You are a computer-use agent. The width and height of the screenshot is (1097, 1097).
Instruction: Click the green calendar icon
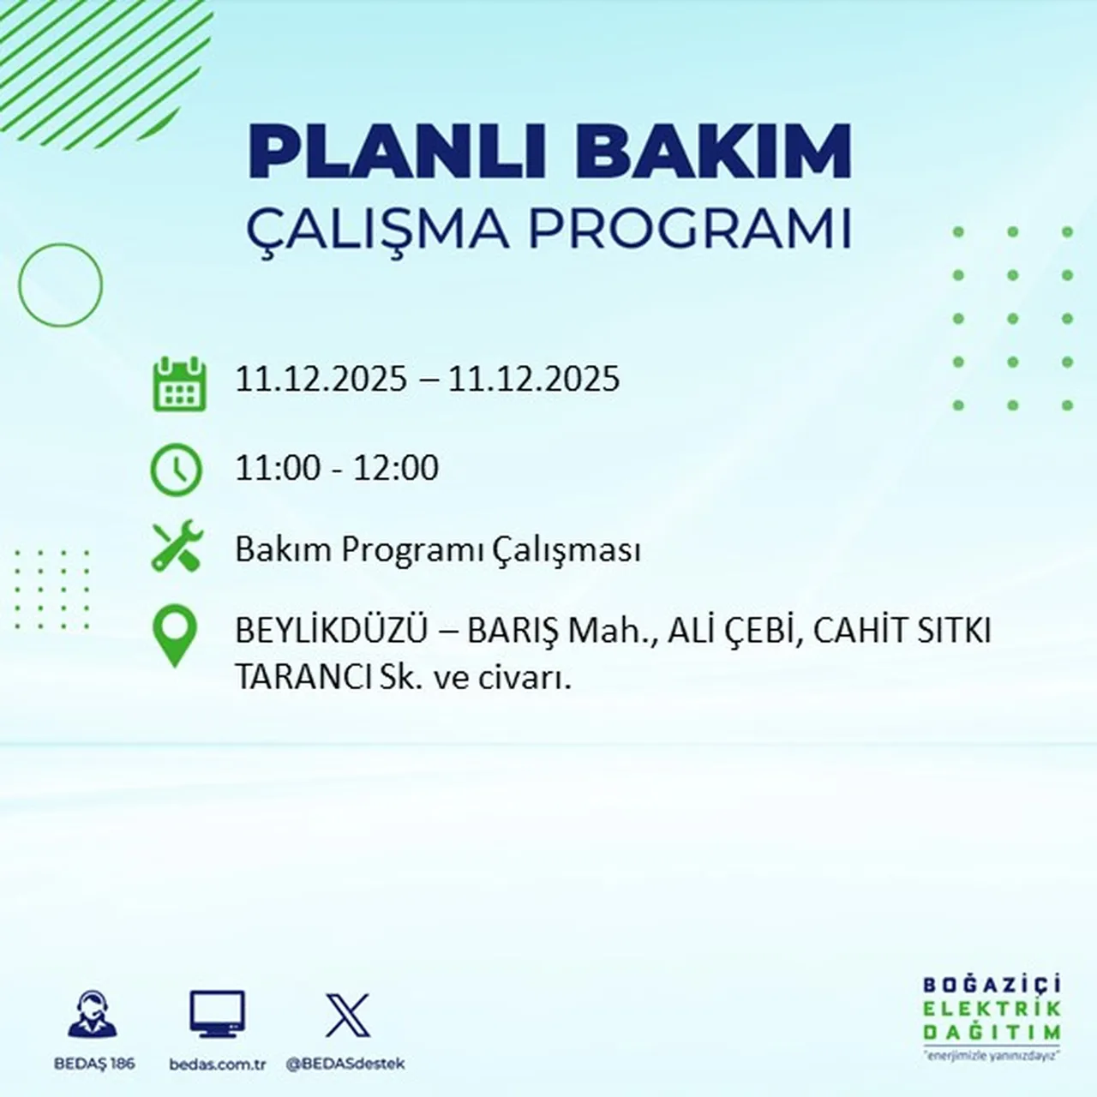point(179,384)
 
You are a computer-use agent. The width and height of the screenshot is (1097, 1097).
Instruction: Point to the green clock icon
point(177,470)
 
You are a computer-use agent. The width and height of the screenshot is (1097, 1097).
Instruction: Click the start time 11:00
point(277,468)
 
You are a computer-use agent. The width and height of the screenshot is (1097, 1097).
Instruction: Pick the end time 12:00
point(396,468)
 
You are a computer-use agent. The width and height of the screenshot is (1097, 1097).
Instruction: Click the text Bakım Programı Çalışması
point(437,549)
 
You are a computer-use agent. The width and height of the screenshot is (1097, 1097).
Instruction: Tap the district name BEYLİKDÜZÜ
point(331,631)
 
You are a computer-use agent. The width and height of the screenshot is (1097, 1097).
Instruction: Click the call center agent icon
point(93,1016)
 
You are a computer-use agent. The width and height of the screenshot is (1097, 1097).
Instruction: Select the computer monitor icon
point(217,1015)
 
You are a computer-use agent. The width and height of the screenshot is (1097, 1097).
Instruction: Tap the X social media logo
point(347,1016)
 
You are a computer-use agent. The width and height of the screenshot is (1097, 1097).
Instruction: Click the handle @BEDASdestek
point(345,1064)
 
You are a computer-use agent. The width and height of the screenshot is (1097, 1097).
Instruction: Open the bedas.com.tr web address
point(218,1064)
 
